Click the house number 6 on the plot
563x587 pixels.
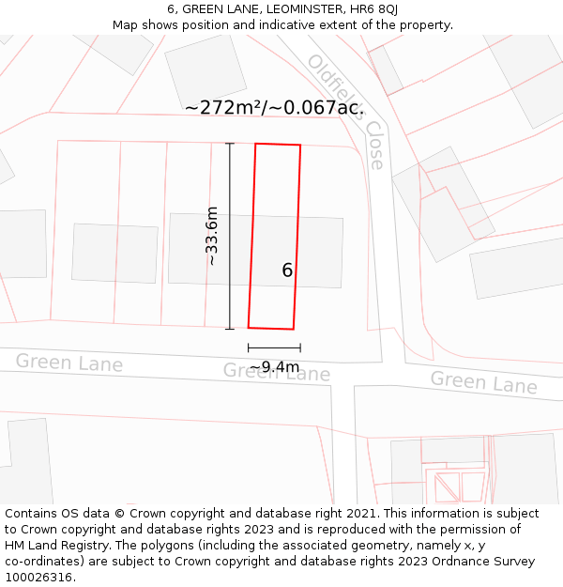[x=287, y=270]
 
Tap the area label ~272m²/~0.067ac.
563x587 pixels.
[x=274, y=108]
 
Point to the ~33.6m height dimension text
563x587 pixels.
[x=212, y=236]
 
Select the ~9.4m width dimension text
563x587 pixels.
[x=274, y=366]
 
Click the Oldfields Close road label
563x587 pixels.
[x=346, y=111]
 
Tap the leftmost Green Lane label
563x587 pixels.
[x=68, y=362]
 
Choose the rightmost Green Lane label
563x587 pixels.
[x=483, y=381]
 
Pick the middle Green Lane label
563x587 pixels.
[x=276, y=372]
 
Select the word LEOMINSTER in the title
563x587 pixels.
[x=286, y=9]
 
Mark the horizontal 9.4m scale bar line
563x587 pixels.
[x=274, y=348]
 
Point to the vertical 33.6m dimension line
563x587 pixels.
[x=230, y=236]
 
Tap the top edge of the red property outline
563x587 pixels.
[x=278, y=145]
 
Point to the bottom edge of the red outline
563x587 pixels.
[x=271, y=329]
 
